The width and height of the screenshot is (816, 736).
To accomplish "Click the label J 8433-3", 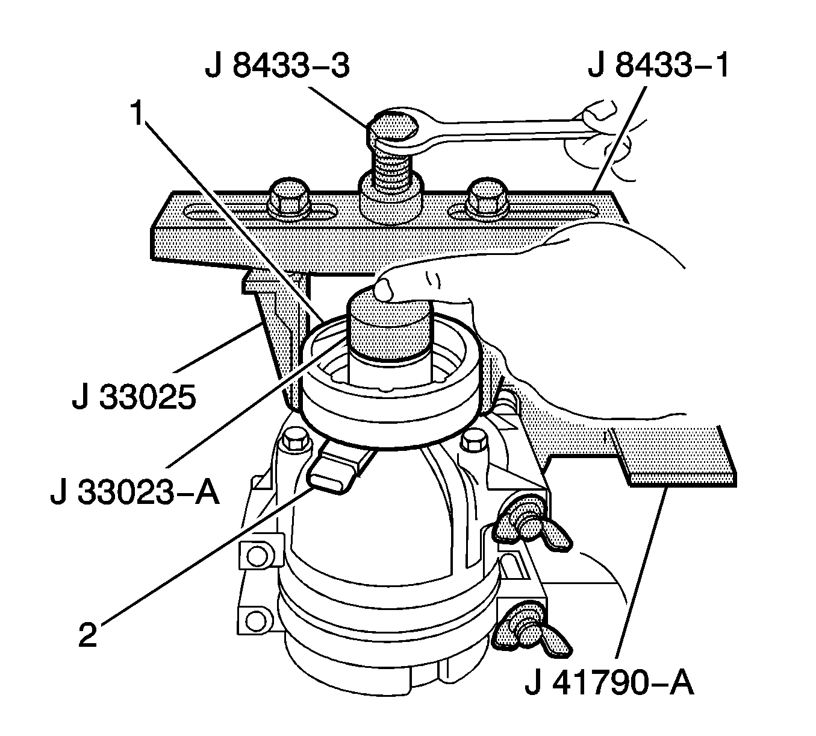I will click(x=276, y=67).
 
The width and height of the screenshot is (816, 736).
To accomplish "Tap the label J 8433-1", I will click(x=658, y=67).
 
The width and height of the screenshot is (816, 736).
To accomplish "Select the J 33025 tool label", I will click(x=134, y=398).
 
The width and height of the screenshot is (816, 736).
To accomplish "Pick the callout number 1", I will click(x=139, y=114).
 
